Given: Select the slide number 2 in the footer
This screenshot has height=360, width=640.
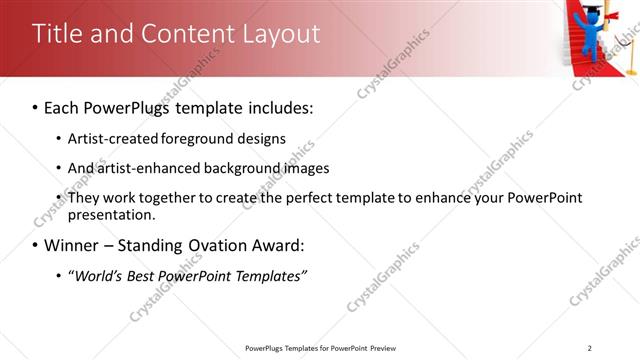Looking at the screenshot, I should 590,348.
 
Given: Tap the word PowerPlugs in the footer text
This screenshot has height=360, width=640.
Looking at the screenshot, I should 267,348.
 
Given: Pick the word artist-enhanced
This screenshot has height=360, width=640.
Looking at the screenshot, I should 143,168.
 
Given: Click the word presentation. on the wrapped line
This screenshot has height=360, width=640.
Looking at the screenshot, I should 111,214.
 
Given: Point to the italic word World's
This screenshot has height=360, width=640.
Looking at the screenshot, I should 102,276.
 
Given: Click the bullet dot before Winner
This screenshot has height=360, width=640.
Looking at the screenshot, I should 36,246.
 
